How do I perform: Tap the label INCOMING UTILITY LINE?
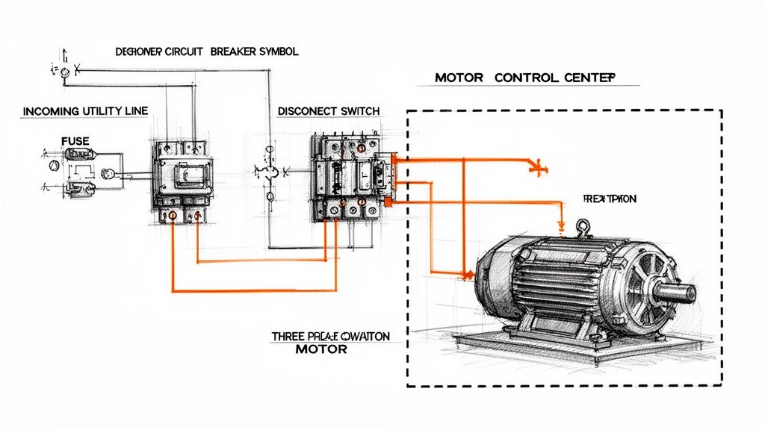tap(85, 110)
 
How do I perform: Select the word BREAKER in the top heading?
tap(234, 52)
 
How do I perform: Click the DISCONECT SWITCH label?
tap(328, 110)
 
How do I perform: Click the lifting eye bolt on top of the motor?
tap(582, 226)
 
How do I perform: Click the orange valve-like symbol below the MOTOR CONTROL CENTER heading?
tap(536, 167)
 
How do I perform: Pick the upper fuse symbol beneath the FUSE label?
tap(76, 155)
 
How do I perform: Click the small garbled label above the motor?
tap(608, 199)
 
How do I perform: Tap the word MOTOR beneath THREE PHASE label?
tap(321, 349)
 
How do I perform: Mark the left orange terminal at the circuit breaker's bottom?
tap(173, 216)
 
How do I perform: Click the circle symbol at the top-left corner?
tap(64, 72)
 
